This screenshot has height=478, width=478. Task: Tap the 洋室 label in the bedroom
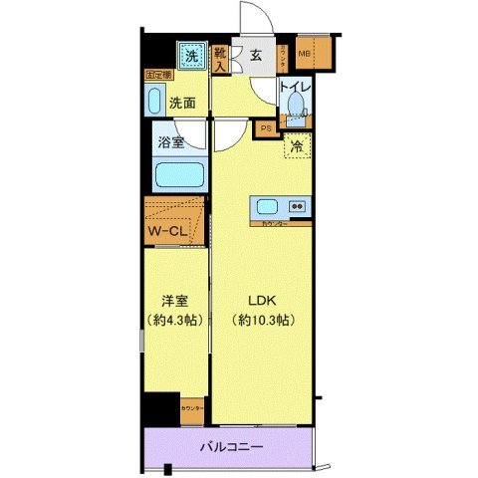[175, 299]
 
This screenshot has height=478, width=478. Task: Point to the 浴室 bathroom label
[171, 142]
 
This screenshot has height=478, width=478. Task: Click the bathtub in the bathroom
[180, 177]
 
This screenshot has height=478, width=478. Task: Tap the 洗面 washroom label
[181, 102]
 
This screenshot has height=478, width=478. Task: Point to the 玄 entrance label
[256, 57]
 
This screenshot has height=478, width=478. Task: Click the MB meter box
[304, 54]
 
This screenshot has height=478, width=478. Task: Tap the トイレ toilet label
[294, 88]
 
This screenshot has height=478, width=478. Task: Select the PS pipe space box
[266, 127]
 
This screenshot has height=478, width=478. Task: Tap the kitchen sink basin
[268, 207]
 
